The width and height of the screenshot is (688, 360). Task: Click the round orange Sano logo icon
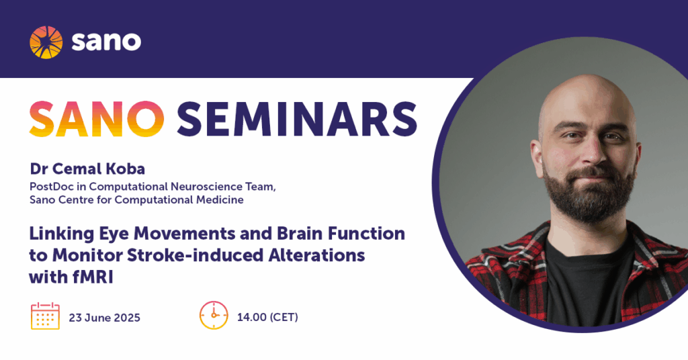(46, 42)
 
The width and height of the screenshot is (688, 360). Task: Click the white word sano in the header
(106, 42)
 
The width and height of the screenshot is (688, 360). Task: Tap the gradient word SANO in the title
(97, 119)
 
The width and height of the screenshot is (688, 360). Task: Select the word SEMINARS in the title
(296, 119)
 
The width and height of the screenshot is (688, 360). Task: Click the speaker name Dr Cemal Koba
(87, 169)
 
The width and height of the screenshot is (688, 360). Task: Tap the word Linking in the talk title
(61, 234)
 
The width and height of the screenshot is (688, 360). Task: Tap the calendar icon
(45, 316)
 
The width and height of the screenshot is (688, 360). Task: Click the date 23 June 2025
(104, 318)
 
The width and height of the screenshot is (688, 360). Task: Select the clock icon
(214, 315)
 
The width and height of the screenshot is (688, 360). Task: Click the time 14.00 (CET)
(267, 317)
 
